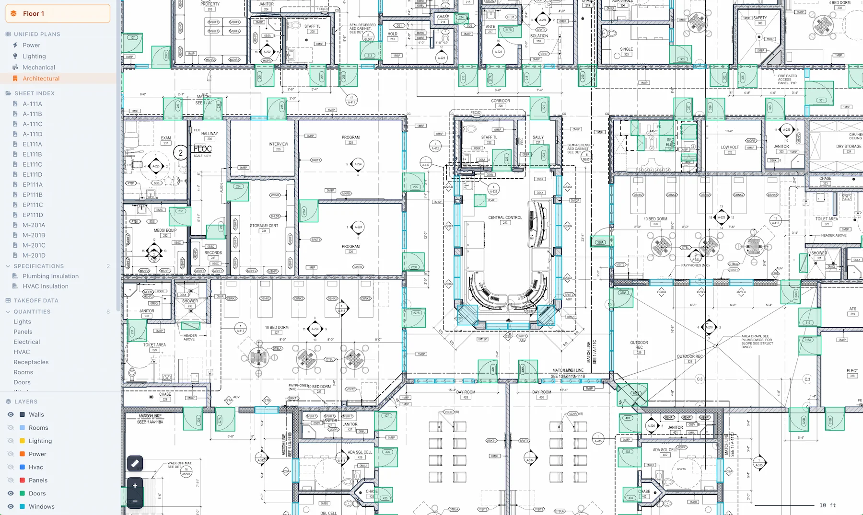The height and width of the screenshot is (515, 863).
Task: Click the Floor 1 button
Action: point(58,13)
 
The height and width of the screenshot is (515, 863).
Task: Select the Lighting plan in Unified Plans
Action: point(34,56)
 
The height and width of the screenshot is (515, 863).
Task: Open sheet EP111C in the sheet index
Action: point(33,205)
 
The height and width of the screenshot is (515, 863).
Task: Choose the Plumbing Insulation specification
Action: point(50,276)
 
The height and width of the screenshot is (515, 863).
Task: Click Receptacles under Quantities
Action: point(31,362)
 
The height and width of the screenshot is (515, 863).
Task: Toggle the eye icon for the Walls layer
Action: point(10,414)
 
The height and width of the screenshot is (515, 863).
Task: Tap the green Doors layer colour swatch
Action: point(22,493)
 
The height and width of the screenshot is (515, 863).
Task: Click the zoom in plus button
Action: point(135,485)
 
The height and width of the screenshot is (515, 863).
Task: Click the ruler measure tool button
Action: point(135,463)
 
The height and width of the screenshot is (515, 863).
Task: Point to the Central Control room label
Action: point(505,217)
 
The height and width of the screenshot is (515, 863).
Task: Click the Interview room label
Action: point(279,144)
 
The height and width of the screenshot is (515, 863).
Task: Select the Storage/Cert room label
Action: point(264,226)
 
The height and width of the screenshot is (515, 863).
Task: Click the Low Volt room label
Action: point(730,148)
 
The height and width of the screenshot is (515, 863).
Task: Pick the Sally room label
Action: point(538,137)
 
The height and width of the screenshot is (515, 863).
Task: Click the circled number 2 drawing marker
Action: point(180,153)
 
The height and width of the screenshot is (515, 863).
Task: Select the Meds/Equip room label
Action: point(165,230)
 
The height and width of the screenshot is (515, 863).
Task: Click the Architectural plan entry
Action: point(41,79)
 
